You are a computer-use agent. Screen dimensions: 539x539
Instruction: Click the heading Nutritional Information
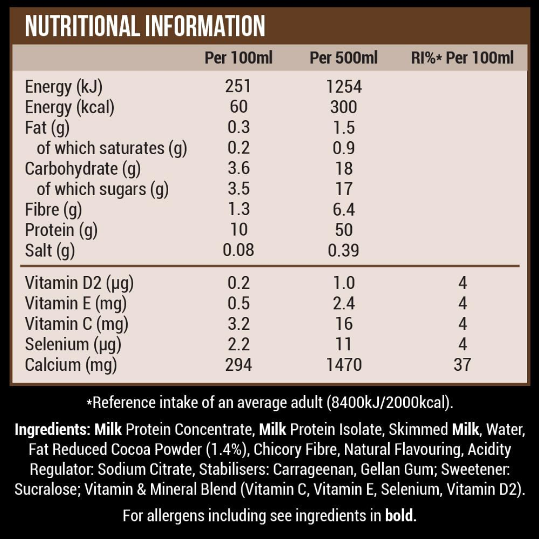pos(145,26)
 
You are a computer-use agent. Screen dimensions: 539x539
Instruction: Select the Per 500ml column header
pos(343,58)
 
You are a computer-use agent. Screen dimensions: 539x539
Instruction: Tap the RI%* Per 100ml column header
pos(462,58)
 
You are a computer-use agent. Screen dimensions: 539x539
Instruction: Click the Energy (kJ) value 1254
pos(343,87)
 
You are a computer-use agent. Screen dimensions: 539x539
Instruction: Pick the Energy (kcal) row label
pos(69,107)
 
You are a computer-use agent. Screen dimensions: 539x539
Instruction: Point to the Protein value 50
pos(343,230)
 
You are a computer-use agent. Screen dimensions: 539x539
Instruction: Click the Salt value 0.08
pos(238,250)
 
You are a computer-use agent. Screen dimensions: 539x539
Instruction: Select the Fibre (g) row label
pos(53,209)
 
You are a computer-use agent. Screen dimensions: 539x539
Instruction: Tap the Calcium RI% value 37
pos(462,365)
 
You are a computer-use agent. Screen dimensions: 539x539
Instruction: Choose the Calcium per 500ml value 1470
pos(343,365)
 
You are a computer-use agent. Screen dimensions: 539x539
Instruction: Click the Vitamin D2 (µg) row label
pos(79,283)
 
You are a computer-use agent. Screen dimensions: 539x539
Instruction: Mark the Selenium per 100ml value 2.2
pos(238,344)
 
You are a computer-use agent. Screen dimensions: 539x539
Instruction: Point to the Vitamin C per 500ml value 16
pos(343,324)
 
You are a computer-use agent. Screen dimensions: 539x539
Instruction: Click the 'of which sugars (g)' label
pos(103,189)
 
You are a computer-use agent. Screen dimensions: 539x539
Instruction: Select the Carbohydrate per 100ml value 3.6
pos(238,169)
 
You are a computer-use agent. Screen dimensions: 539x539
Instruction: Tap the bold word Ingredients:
pos(52,429)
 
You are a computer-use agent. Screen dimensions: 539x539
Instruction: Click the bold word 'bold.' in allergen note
pos(401,515)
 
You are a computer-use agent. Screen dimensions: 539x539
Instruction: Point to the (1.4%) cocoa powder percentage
pos(227,450)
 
